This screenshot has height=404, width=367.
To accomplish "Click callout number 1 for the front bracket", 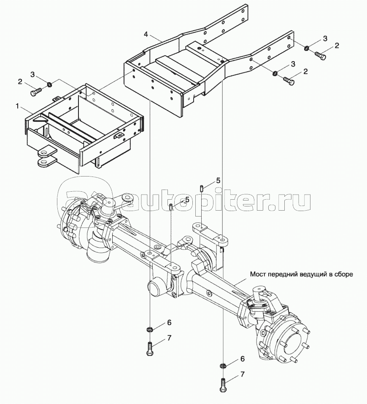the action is (x=18, y=106).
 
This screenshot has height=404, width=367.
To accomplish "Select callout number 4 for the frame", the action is (x=146, y=34).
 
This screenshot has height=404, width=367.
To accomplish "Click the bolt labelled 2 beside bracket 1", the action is (x=36, y=92).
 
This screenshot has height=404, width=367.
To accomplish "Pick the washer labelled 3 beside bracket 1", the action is (x=49, y=84).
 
